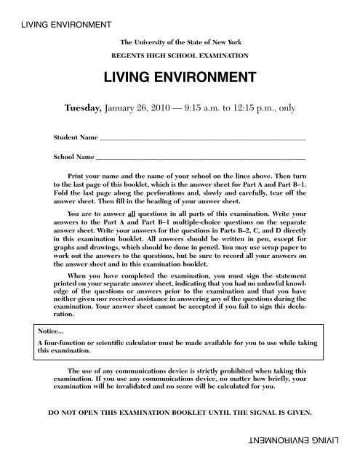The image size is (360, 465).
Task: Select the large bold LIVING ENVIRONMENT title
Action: [179, 76]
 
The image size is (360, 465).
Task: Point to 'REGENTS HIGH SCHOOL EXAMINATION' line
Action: [180, 55]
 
